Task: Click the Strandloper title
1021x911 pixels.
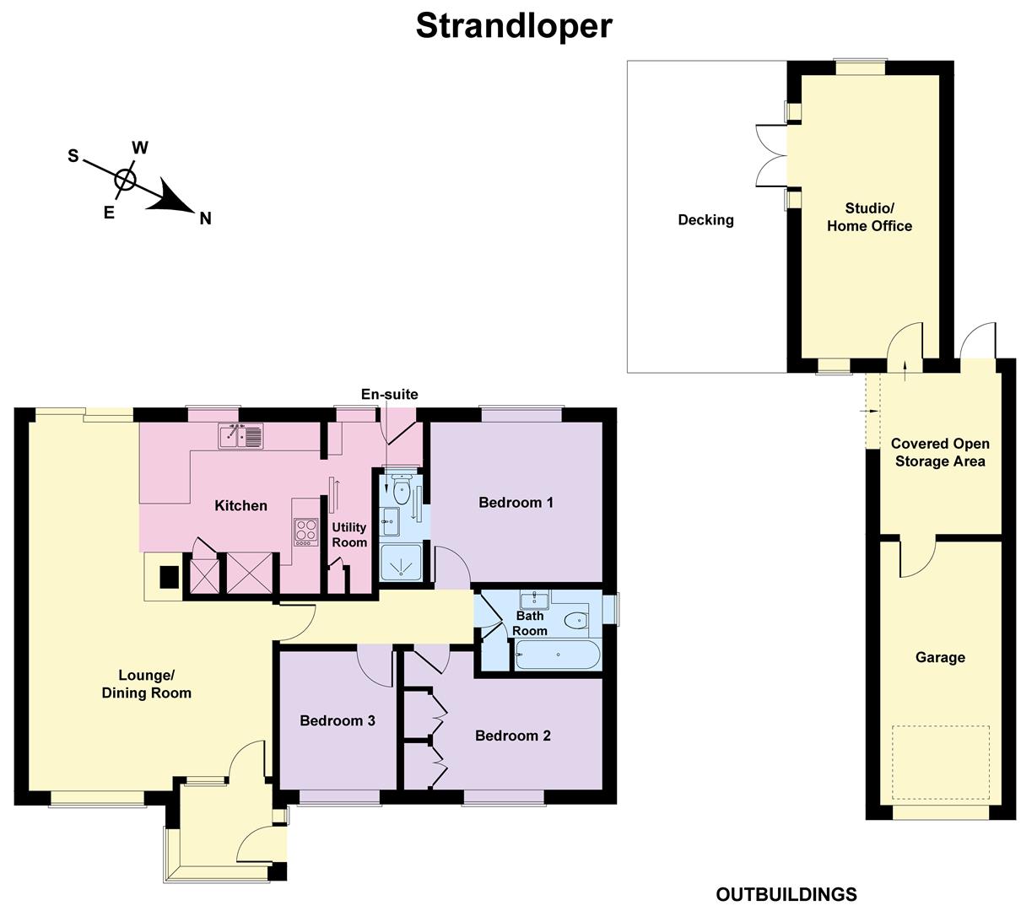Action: pos(514,27)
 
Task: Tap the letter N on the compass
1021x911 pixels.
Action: pos(205,218)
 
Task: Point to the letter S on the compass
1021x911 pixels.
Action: pos(73,156)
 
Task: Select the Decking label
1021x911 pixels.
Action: pos(705,219)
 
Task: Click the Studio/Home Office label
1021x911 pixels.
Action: pos(869,217)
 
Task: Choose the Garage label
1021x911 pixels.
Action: pos(940,657)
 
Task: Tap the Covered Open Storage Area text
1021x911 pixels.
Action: pos(940,452)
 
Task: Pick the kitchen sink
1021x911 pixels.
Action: pos(240,435)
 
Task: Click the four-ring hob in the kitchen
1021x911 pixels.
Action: pos(306,532)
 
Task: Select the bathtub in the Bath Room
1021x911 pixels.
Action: pos(558,655)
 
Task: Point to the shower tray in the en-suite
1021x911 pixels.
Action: pos(401,562)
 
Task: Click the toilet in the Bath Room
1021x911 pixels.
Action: pos(576,620)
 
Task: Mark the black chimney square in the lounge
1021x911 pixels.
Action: pos(170,577)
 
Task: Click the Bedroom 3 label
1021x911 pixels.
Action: pos(338,720)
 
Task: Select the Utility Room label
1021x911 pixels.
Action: pos(349,535)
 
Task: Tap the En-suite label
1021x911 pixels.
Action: pos(390,394)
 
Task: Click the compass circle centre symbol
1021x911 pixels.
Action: pos(125,180)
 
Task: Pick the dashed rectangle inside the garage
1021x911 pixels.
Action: pos(940,763)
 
